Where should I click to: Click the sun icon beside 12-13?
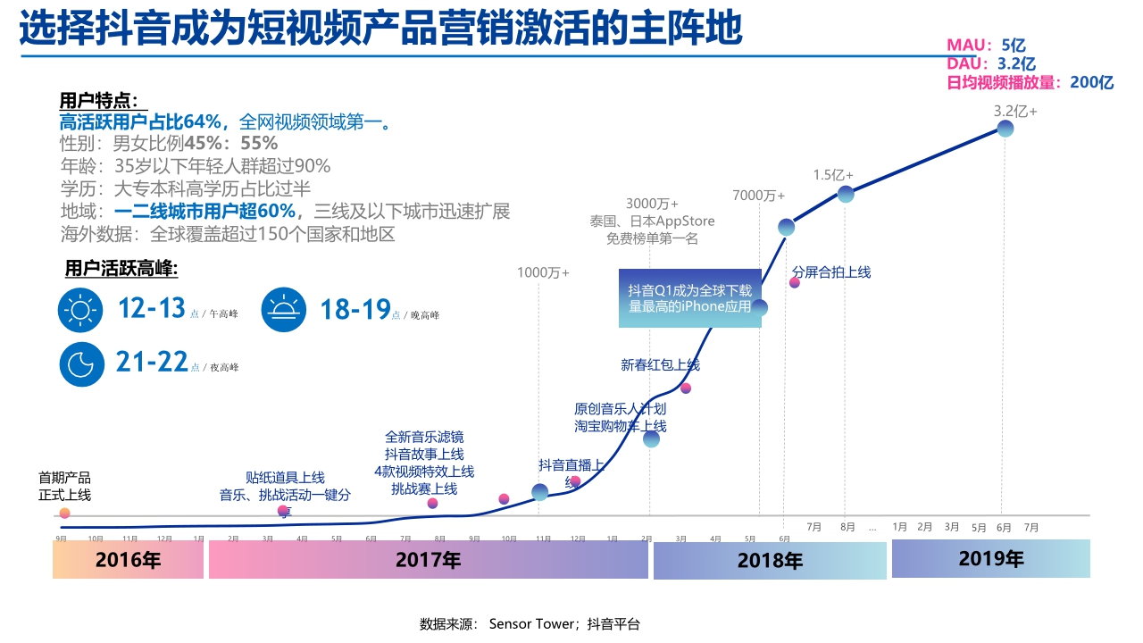click(80, 310)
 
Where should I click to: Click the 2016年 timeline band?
click(129, 561)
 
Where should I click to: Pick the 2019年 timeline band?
click(990, 559)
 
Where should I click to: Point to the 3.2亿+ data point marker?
click(1005, 129)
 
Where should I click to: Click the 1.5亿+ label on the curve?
click(832, 175)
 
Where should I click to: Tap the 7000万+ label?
click(758, 196)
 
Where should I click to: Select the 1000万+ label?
click(543, 272)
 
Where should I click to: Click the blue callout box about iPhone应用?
click(690, 298)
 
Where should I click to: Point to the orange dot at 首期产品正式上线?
click(64, 514)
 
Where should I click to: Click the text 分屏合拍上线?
click(831, 272)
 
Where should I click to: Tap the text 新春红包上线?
click(660, 364)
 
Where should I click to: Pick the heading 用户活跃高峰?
click(121, 269)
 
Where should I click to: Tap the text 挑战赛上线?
click(424, 489)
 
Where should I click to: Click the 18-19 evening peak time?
click(355, 310)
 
